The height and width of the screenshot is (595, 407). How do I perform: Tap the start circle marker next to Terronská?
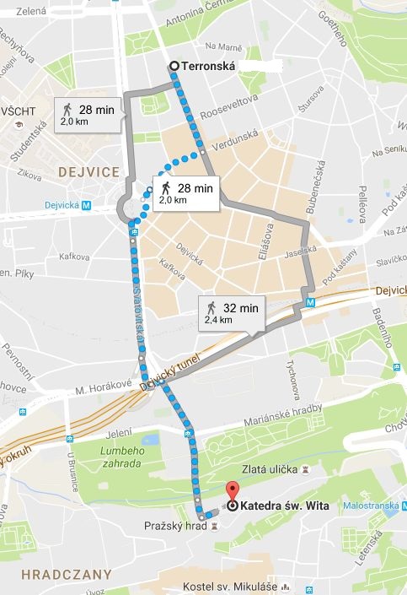(x=174, y=66)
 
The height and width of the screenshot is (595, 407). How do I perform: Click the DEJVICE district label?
(x=88, y=171)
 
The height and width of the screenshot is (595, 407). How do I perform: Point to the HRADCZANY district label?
(x=56, y=574)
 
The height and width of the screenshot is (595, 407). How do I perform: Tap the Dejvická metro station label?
(x=71, y=204)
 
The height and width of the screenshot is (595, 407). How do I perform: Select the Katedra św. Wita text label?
(x=282, y=506)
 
